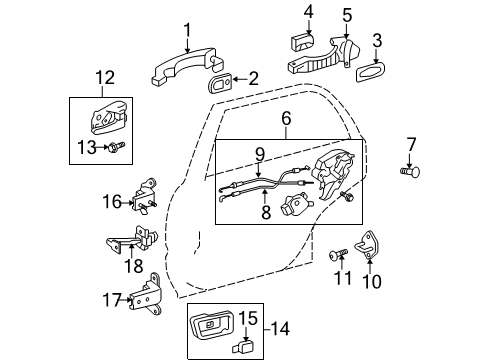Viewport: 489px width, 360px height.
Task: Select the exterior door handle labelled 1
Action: click(178, 68)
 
